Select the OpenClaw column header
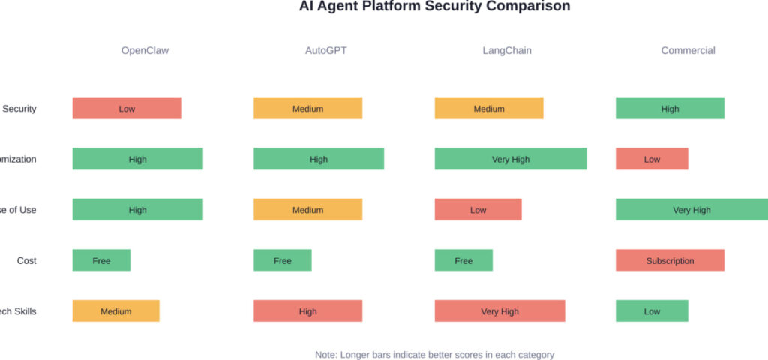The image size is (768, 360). pos(145,51)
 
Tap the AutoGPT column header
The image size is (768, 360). pos(325,51)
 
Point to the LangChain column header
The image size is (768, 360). pos(507,51)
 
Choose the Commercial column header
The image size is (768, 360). pos(688,51)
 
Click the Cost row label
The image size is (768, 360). pos(26,261)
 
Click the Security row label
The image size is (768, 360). pos(19,109)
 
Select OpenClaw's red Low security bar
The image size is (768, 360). pos(127,109)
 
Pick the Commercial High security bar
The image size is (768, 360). pos(670,109)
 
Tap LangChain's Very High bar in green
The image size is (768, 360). pos(511,159)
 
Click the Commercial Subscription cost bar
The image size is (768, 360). pos(670,261)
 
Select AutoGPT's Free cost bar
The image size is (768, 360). pos(282,261)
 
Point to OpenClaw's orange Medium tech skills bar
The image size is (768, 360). pos(115,311)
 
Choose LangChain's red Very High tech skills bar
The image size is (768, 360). pos(499,311)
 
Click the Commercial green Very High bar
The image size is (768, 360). pos(691,210)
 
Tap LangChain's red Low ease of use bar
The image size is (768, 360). pos(478,210)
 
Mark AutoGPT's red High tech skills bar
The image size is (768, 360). pos(307,311)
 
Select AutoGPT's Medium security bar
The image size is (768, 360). pos(307,109)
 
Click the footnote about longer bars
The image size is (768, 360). pos(434,355)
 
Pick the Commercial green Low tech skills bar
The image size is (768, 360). pos(652,311)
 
